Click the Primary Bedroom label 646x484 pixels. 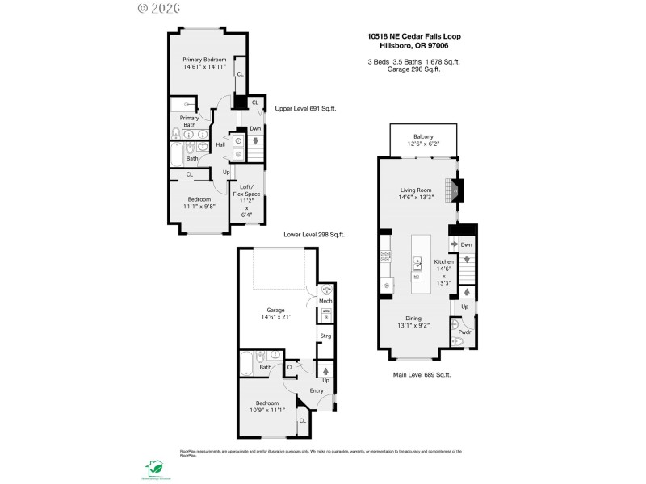click(203, 60)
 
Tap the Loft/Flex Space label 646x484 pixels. click(246, 190)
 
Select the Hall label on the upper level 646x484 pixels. click(220, 144)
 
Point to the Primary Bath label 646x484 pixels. click(189, 121)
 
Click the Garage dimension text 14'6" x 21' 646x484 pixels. click(276, 317)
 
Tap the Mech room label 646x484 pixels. click(325, 301)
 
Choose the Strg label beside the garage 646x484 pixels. click(325, 336)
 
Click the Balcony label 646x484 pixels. click(424, 137)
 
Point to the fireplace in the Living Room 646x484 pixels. click(456, 189)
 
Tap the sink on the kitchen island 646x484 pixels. click(418, 261)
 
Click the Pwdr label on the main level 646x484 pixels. click(464, 332)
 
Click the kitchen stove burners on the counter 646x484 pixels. click(385, 258)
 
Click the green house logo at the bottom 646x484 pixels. click(153, 468)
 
